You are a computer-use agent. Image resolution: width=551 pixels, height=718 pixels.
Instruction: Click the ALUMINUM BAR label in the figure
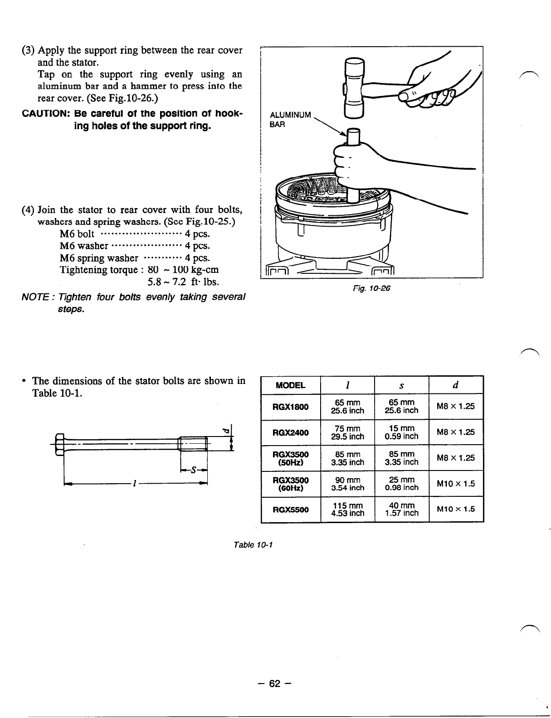point(290,120)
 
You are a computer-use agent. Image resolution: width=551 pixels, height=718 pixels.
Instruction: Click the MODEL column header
point(290,386)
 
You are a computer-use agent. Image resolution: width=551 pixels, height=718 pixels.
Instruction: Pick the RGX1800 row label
point(290,407)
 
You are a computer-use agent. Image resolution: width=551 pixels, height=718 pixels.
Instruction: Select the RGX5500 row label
point(290,509)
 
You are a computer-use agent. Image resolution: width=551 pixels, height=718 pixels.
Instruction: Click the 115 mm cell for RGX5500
point(347,509)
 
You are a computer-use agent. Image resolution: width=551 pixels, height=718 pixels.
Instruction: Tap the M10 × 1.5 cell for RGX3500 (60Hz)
point(456,484)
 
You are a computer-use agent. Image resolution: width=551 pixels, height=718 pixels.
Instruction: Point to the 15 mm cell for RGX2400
point(401,432)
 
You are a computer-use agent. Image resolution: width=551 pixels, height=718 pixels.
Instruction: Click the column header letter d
point(456,385)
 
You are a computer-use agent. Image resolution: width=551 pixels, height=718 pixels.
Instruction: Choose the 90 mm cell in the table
point(347,480)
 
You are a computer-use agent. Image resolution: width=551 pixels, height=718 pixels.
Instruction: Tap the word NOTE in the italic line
point(34,297)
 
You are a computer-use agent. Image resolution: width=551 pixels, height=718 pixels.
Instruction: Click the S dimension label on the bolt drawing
point(194,470)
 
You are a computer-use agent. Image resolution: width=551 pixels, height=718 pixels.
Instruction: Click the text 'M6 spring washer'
point(99,258)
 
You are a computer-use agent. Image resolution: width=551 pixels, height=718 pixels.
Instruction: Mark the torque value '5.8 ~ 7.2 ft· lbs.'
point(184,282)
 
